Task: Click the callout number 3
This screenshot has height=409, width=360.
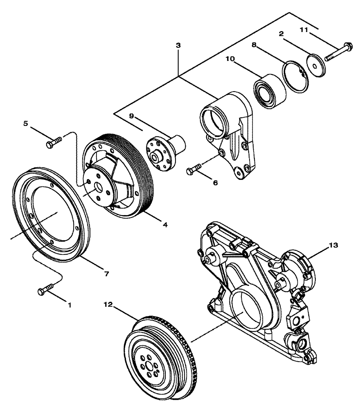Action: point(178,46)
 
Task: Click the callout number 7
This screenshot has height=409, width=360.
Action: point(106,274)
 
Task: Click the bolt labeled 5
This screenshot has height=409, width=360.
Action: point(54,143)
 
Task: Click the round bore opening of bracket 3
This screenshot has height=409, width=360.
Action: point(214,121)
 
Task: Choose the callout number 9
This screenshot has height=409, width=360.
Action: point(132,116)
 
